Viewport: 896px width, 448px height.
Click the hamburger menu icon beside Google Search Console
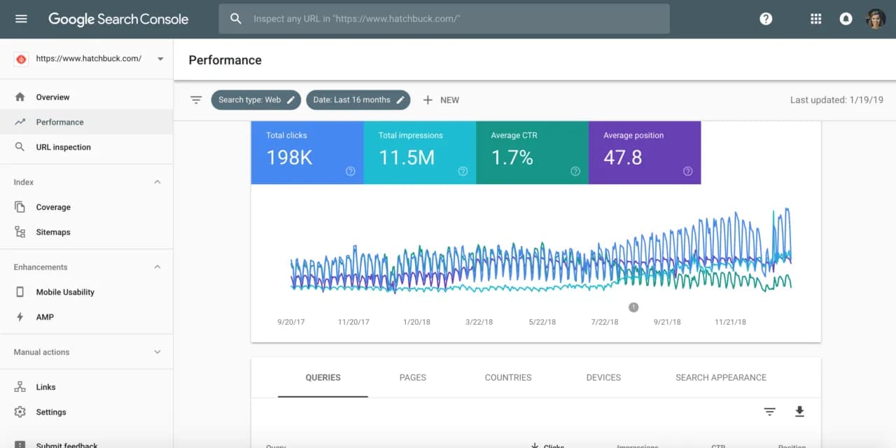[x=21, y=19]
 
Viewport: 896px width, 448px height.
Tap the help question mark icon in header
[x=766, y=19]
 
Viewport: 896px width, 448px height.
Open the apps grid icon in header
[x=815, y=19]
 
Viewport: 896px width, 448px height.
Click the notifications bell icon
[x=846, y=19]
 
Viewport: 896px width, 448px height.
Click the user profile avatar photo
[x=876, y=19]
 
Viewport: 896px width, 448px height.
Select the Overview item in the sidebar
[x=52, y=97]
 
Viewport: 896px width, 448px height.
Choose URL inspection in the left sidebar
[x=63, y=147]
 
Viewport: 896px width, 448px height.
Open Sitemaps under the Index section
[x=53, y=232]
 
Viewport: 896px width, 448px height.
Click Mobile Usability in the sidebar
[x=64, y=292]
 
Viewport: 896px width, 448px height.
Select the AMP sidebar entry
[x=45, y=317]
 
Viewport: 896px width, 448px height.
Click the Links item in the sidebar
[x=45, y=387]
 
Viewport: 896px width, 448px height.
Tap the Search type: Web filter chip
[x=255, y=100]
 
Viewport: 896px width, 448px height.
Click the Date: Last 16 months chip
[x=358, y=100]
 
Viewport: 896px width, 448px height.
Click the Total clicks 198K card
[x=307, y=153]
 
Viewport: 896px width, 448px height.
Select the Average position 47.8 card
[x=644, y=153]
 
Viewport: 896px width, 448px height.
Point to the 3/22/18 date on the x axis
[x=479, y=322]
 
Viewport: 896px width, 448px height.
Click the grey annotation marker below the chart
[x=633, y=307]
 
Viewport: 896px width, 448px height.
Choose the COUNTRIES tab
[x=507, y=377]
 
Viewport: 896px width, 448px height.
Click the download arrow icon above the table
[x=799, y=412]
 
